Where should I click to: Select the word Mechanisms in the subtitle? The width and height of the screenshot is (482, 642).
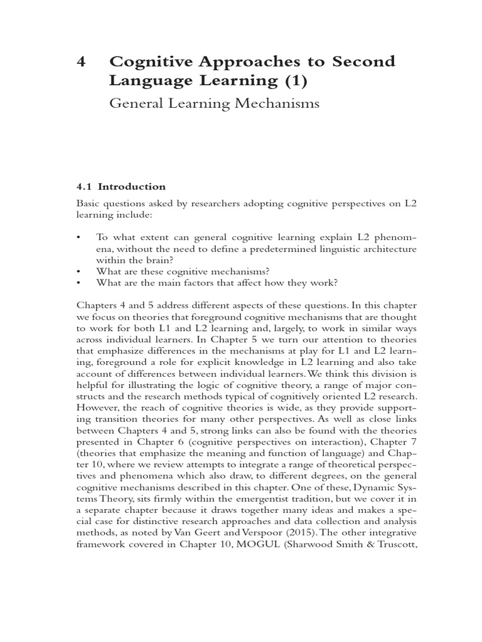tap(276, 103)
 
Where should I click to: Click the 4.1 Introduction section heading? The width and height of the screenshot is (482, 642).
tap(121, 186)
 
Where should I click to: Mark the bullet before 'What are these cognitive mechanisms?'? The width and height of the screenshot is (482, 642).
tap(78, 271)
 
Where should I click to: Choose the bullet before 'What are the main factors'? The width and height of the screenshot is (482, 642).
tap(78, 283)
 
